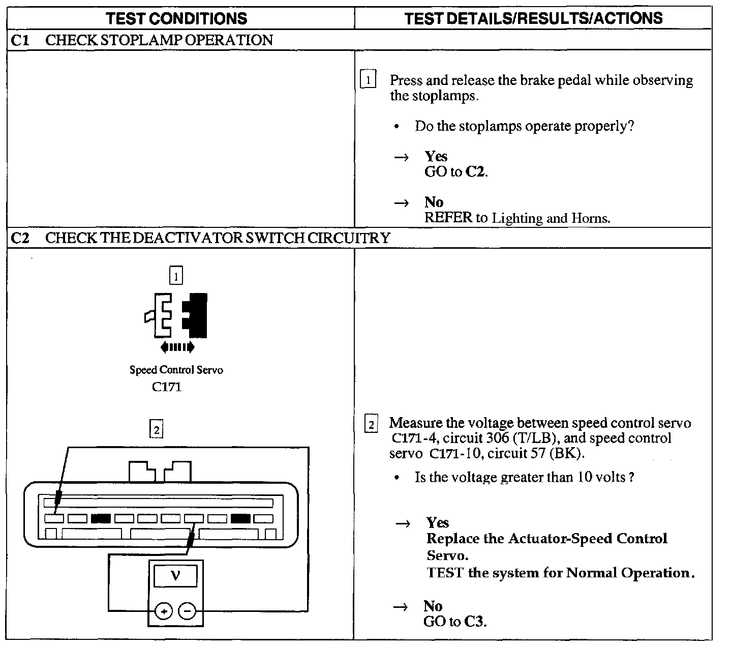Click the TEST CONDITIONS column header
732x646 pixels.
tap(176, 19)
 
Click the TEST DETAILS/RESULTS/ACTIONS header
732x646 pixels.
tap(533, 19)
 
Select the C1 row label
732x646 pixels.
tap(20, 41)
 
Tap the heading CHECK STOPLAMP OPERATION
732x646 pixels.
tap(159, 41)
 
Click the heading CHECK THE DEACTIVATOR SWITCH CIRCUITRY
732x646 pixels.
tap(218, 238)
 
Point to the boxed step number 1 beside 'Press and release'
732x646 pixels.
tap(368, 80)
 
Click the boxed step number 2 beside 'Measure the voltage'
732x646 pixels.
tap(372, 424)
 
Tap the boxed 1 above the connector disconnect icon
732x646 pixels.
tap(176, 276)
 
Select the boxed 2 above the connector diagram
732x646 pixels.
tap(157, 430)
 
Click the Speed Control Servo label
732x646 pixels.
tap(176, 370)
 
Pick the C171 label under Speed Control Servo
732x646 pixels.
tap(167, 387)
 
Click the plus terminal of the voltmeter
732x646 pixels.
tap(164, 610)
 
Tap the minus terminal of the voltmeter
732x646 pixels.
tap(188, 610)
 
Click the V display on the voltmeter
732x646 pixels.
tap(175, 575)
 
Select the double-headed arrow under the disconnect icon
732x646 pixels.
tap(177, 347)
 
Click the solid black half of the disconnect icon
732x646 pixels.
tap(196, 315)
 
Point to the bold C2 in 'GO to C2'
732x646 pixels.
tap(475, 172)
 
